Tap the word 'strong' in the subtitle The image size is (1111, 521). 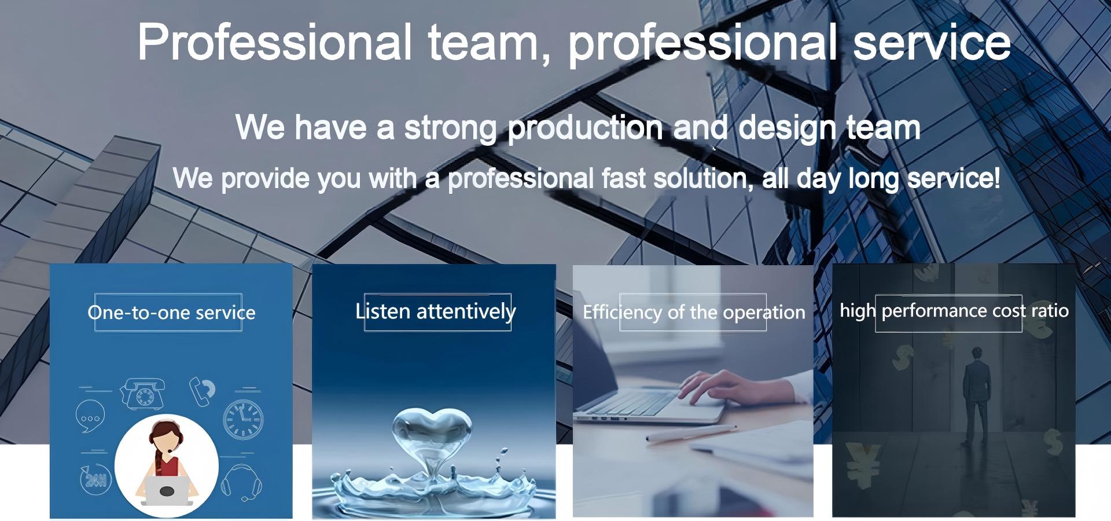click(x=450, y=128)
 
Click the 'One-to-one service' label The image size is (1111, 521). click(x=171, y=313)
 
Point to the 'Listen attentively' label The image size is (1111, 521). click(x=436, y=311)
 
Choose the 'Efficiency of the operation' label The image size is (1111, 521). click(x=694, y=313)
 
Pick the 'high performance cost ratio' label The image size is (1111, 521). click(x=954, y=311)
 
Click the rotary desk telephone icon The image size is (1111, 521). click(x=142, y=393)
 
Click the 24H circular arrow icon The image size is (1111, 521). click(x=95, y=480)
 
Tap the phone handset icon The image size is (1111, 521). click(x=203, y=391)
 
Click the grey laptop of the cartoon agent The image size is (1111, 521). click(x=167, y=490)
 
